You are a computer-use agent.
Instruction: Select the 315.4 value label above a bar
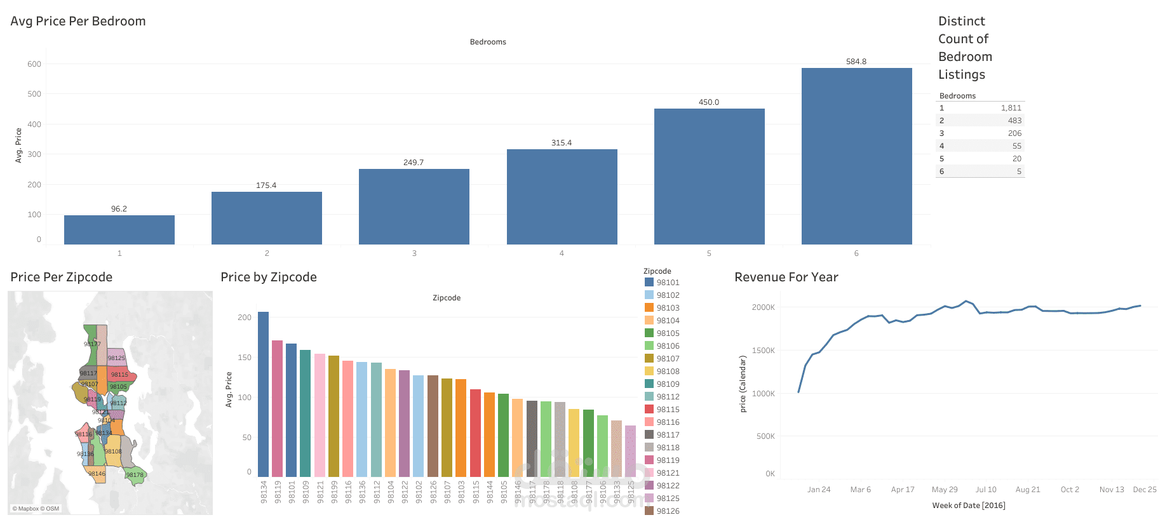click(x=562, y=143)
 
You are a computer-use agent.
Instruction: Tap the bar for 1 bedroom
click(x=119, y=230)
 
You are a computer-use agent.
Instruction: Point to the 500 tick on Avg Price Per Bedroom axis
click(x=34, y=94)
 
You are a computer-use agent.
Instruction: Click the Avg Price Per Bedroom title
click(x=78, y=21)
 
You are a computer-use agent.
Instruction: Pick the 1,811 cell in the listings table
click(x=1011, y=108)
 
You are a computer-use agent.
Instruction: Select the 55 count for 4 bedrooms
click(x=1016, y=146)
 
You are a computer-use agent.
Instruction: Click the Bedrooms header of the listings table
click(x=957, y=96)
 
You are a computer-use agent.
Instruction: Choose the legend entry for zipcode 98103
click(x=668, y=308)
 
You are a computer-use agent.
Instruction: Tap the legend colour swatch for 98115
click(x=649, y=409)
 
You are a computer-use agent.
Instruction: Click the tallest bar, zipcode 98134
click(x=263, y=394)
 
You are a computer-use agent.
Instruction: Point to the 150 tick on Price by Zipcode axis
click(x=245, y=358)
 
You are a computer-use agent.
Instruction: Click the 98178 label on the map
click(x=135, y=475)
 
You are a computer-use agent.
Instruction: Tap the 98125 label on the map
click(x=116, y=358)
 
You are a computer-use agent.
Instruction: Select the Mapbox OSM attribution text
click(x=36, y=509)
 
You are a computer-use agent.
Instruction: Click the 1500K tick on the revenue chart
click(x=764, y=351)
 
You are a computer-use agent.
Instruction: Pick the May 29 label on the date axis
click(x=945, y=490)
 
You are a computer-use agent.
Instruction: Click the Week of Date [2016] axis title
click(x=969, y=505)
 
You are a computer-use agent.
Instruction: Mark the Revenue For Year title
click(x=786, y=277)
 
